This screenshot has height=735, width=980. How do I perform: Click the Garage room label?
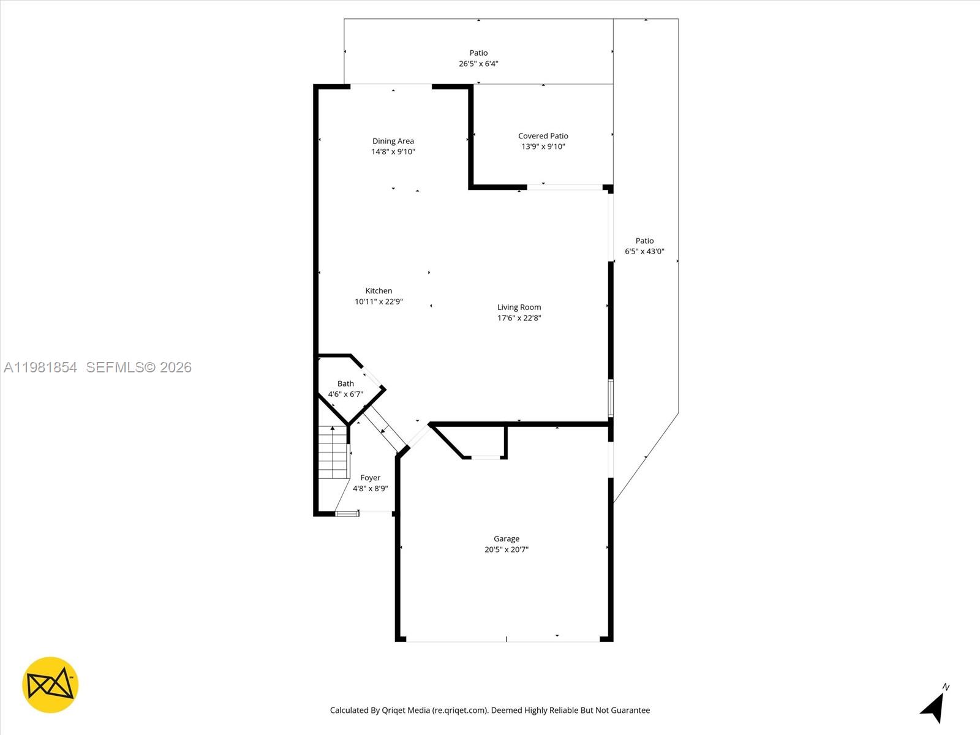507,539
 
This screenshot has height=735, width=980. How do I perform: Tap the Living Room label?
519,307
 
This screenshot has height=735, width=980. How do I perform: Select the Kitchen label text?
379,291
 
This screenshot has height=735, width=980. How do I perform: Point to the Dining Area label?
393,141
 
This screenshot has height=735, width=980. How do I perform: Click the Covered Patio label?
543,136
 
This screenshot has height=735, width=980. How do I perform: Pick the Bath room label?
345,384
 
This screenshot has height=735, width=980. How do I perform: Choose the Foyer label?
371,478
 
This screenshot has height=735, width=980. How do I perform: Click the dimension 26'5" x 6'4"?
478,64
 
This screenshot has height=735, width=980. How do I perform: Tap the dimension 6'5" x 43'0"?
644,251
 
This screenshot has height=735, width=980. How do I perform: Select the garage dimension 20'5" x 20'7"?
507,549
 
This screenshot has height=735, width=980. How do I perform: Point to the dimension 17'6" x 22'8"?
519,318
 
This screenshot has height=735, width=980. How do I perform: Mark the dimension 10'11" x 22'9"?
379,301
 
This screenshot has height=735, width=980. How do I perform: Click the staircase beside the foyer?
333,453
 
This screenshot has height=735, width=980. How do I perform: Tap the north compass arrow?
933,707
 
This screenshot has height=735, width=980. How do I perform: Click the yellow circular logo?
50,685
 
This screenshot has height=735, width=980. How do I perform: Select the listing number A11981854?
40,367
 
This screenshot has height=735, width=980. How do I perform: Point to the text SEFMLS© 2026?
139,367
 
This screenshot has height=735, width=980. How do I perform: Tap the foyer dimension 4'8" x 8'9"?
371,489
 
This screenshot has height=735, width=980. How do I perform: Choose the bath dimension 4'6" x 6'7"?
345,394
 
